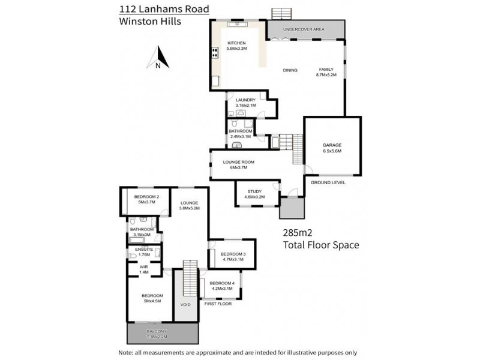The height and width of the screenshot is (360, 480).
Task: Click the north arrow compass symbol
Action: tap(157, 58)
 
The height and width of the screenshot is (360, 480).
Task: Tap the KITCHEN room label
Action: tap(237, 43)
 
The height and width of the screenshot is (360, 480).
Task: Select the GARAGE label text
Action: tap(332, 145)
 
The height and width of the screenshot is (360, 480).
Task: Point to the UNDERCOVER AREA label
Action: tap(305, 28)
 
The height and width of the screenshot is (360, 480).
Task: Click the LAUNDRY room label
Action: tap(246, 100)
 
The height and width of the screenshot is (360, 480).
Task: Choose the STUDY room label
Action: tap(254, 191)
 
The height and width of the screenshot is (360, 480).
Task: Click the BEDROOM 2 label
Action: tap(146, 197)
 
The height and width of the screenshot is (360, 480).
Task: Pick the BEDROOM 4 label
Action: tap(222, 283)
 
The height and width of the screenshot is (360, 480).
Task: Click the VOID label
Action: tap(185, 305)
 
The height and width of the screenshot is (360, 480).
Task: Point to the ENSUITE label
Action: tap(144, 249)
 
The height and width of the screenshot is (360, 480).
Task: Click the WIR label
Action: tap(143, 267)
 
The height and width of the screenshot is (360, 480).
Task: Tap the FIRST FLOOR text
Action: tap(218, 304)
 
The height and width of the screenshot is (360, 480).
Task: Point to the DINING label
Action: tap(290, 70)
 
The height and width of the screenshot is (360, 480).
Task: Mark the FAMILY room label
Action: tap(326, 70)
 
